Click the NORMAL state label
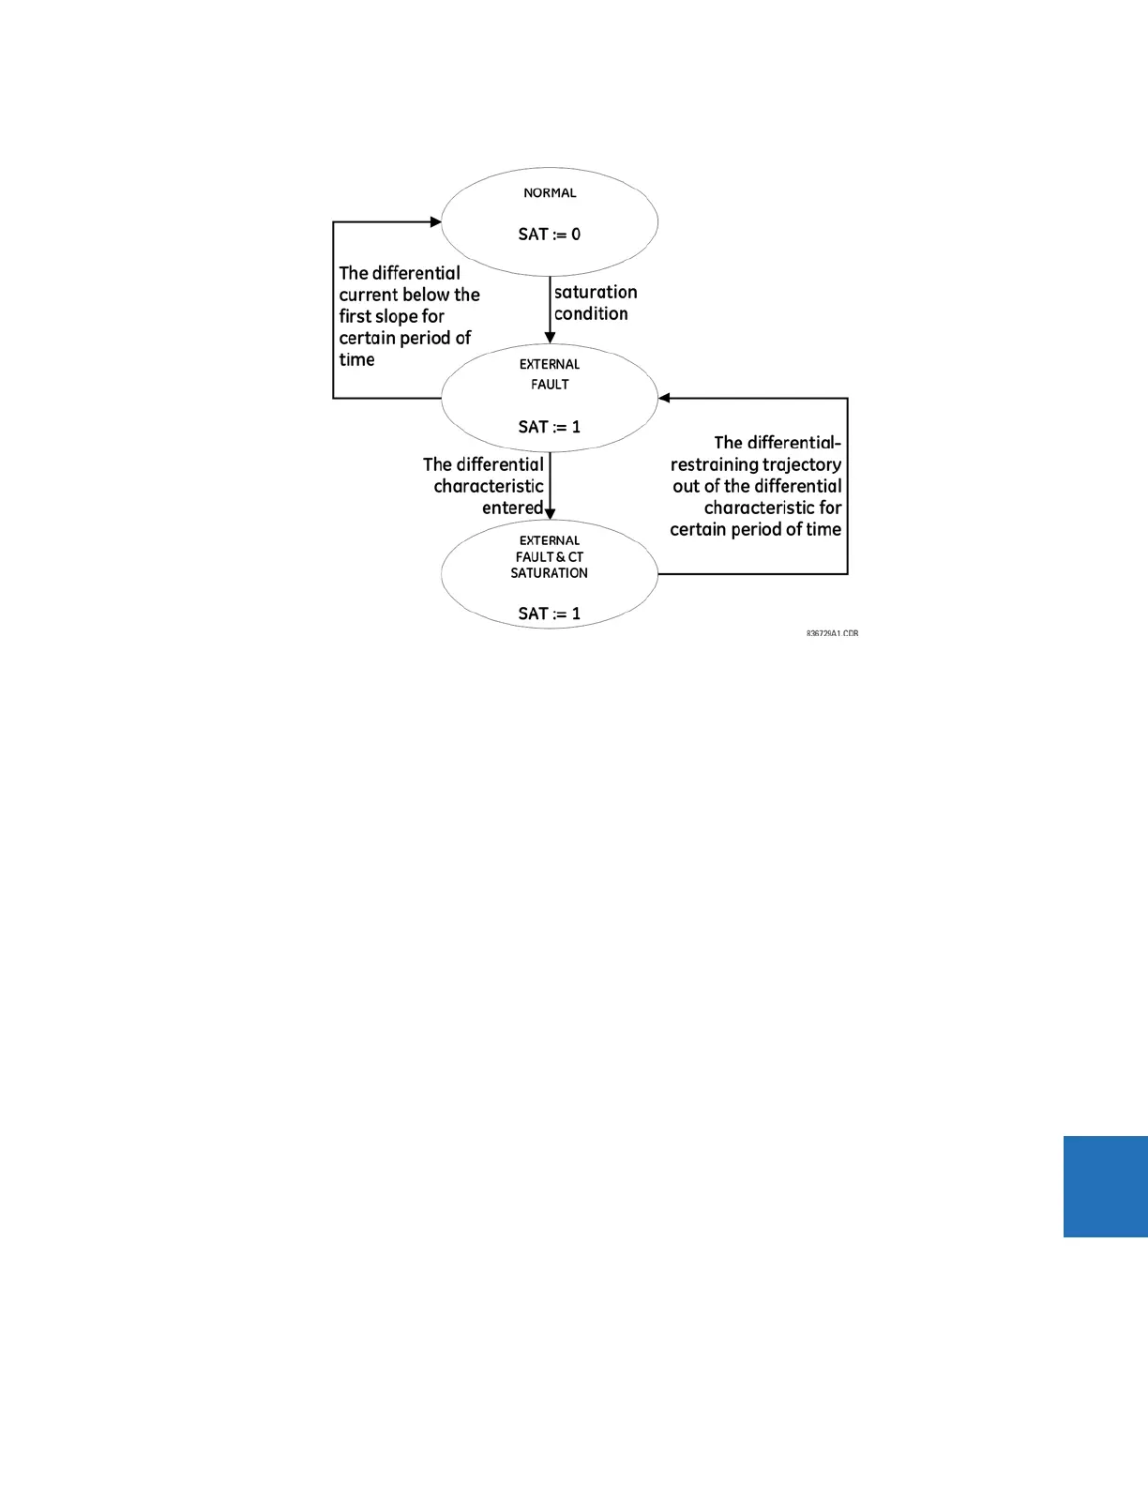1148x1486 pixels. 550,193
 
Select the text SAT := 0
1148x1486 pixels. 550,235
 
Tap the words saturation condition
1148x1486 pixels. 595,303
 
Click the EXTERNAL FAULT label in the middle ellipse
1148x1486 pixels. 550,374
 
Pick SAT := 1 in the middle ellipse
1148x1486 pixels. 550,427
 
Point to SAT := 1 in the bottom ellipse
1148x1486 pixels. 550,614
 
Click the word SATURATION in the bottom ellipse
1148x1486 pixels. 550,573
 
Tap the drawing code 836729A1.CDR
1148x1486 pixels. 832,634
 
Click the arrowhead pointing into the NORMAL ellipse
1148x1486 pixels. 435,222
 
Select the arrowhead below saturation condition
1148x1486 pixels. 550,338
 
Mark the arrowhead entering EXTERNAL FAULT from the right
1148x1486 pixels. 664,398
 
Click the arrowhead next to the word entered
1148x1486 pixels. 550,513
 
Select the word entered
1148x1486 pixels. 512,508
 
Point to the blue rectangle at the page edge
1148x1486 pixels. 1106,1187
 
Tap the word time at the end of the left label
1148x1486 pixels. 356,359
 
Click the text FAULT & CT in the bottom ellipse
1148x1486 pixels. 550,557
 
